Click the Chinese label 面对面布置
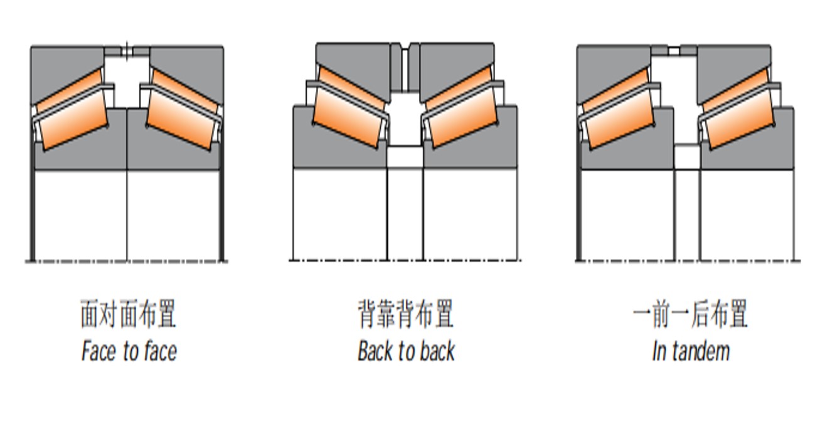tap(128, 314)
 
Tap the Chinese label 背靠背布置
tap(405, 314)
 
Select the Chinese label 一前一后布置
tap(690, 314)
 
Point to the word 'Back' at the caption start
tap(375, 351)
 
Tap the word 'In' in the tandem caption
tap(659, 351)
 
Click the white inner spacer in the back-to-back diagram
tap(405, 157)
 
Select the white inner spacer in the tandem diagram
tap(686, 157)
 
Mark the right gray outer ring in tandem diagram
tap(734, 63)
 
